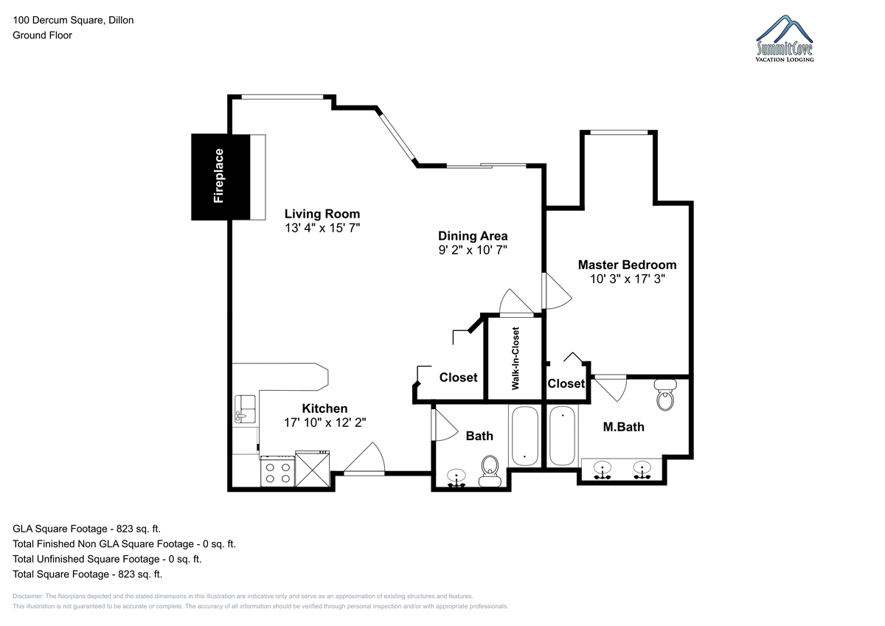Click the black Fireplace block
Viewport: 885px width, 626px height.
pos(221,176)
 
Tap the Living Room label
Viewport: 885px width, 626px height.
pos(322,214)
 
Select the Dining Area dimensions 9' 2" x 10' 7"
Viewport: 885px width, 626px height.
pos(473,250)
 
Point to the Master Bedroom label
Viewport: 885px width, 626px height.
pos(627,265)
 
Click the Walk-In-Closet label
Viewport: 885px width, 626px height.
pos(516,358)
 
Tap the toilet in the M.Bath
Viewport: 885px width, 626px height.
pos(665,394)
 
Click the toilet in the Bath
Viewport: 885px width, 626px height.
pos(490,471)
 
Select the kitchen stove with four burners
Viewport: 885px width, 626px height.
pos(278,472)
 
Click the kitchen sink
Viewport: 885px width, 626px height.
pos(245,409)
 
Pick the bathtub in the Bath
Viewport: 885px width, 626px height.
pos(525,436)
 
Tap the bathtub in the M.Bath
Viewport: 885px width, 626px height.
pos(562,436)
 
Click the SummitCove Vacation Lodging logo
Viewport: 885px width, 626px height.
pos(785,38)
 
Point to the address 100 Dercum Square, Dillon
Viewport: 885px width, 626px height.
pos(73,20)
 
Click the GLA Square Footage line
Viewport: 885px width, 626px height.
pos(86,529)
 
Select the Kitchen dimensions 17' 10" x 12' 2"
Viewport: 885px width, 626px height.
pos(324,422)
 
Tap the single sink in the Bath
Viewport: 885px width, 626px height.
pos(457,479)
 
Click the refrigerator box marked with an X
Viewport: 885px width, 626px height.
pos(312,469)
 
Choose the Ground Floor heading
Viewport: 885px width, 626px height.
pos(42,35)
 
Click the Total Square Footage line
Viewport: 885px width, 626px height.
pos(87,574)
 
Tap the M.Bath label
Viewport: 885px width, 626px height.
pos(623,427)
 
